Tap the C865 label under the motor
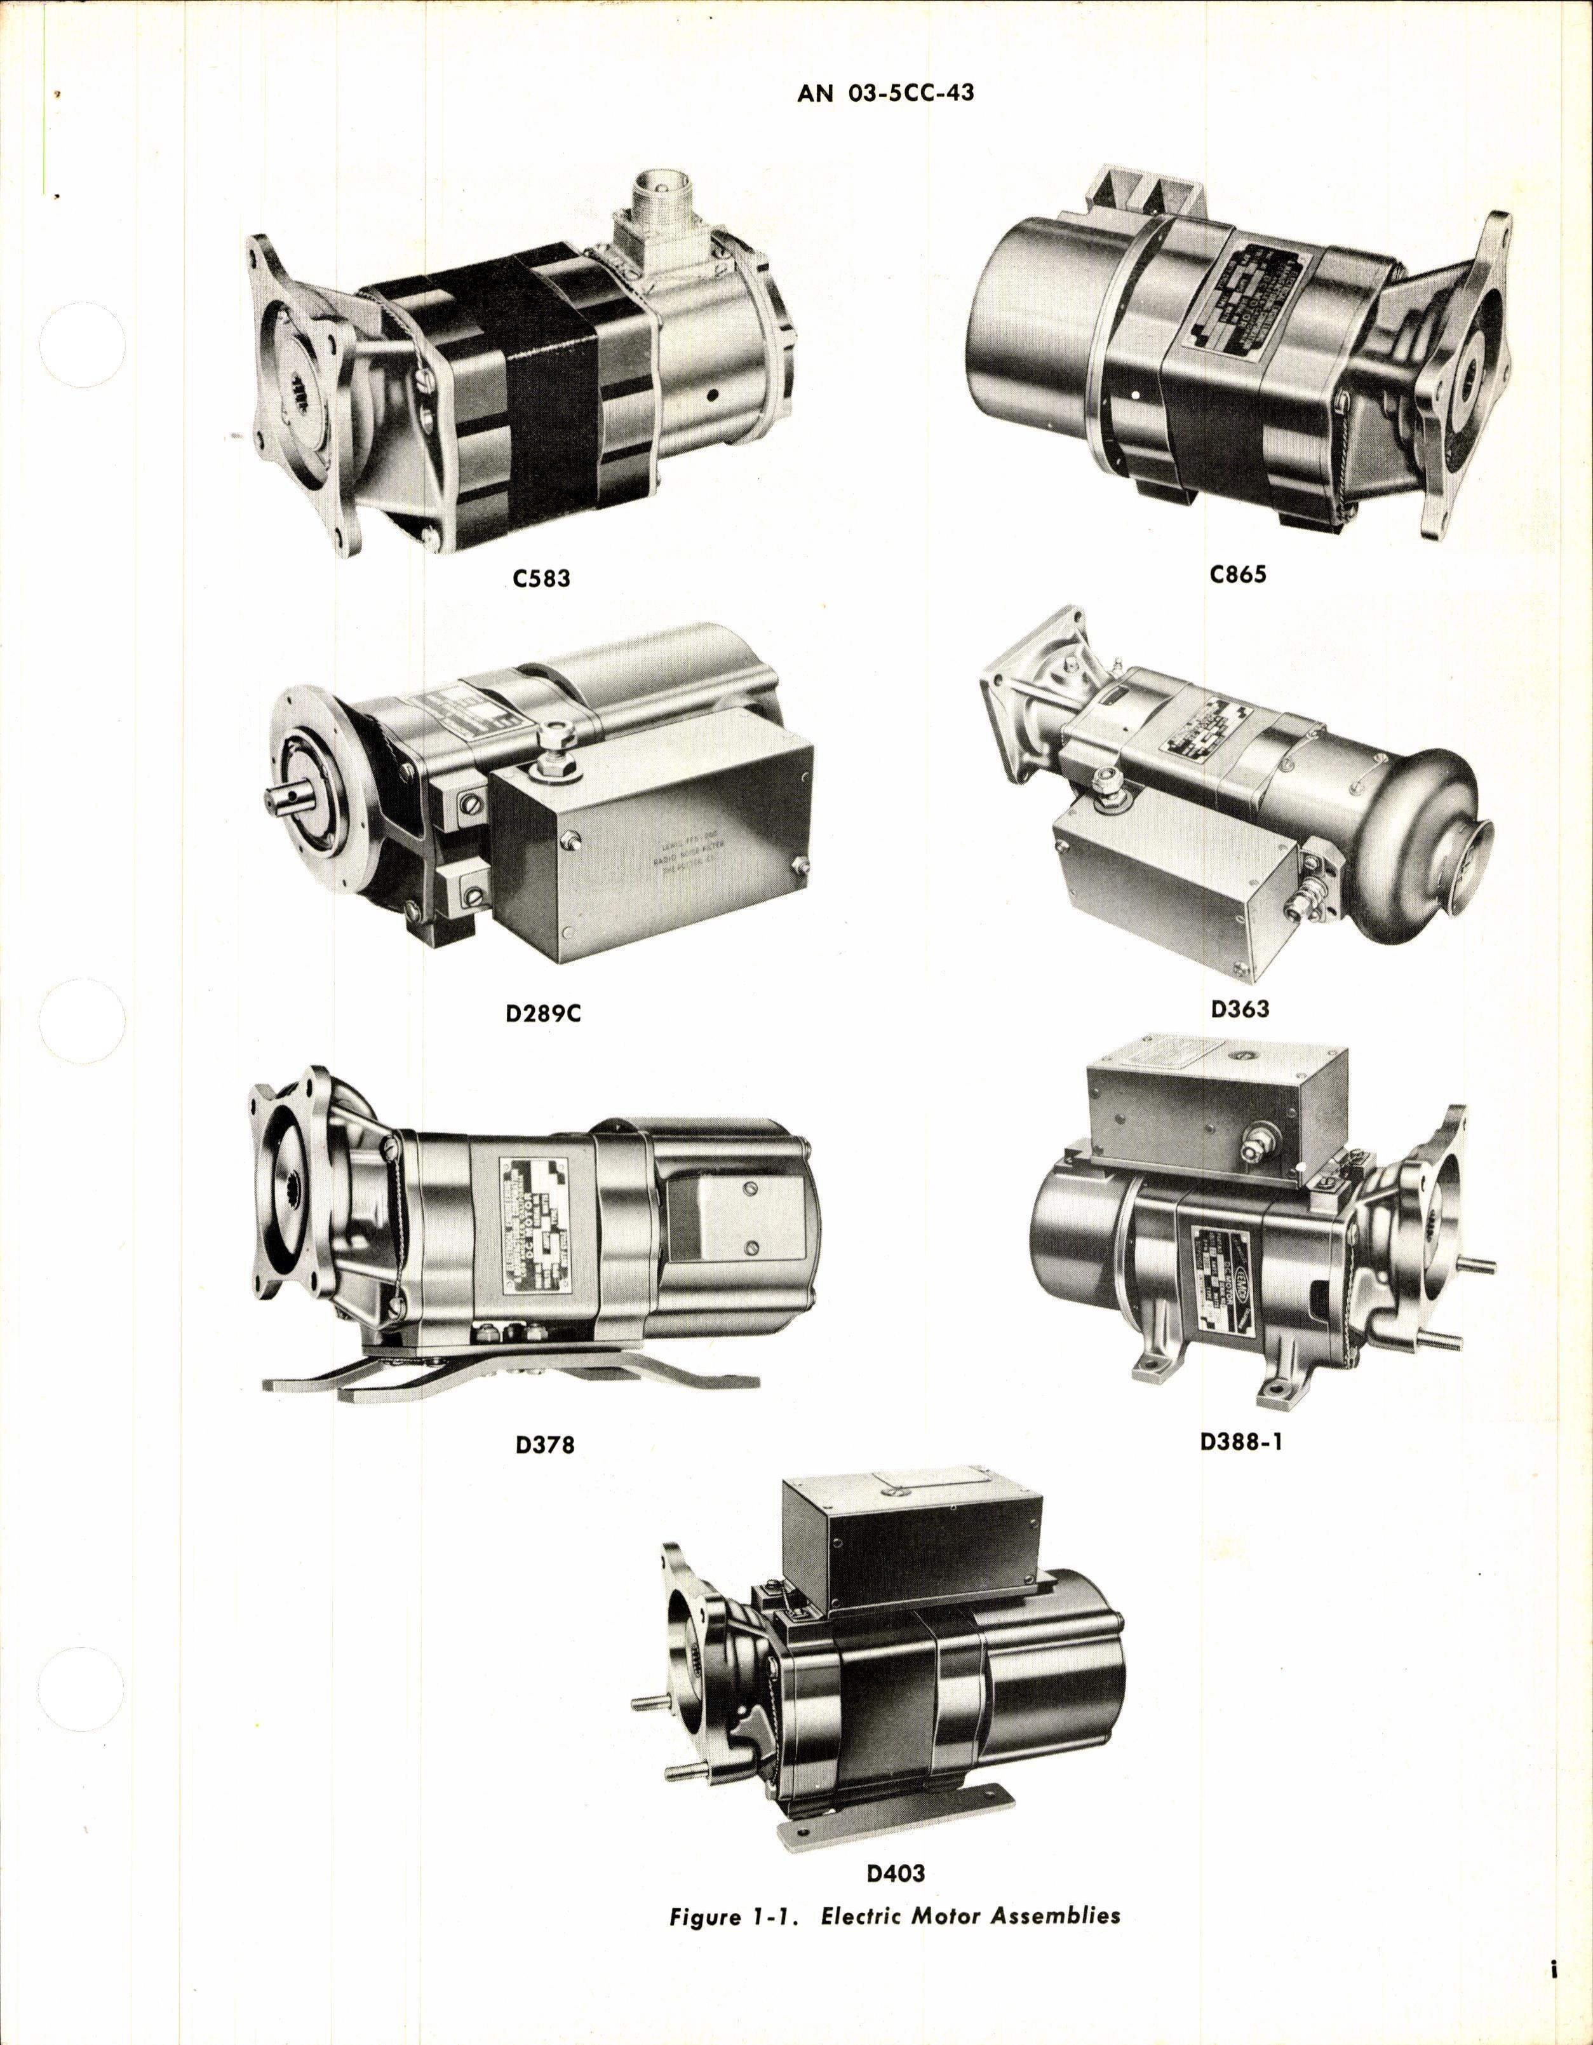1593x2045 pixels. pos(1237,573)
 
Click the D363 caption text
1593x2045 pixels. pos(1239,1009)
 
